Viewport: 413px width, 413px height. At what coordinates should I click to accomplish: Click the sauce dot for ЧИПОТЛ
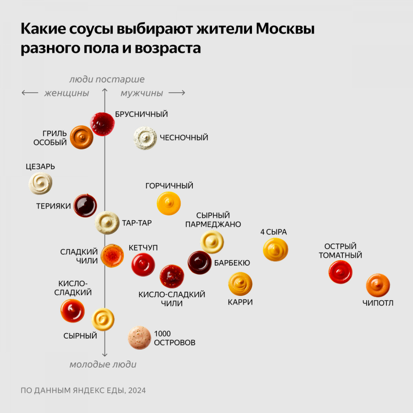(x=378, y=285)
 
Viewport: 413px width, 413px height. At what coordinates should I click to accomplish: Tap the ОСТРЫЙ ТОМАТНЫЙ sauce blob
(x=340, y=272)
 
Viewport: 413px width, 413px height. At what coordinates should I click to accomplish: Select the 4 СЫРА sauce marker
(x=275, y=250)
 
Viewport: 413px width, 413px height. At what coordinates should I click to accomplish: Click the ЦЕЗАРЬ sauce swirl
(x=40, y=183)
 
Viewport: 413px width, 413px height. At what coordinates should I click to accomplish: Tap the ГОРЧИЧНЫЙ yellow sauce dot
(x=169, y=204)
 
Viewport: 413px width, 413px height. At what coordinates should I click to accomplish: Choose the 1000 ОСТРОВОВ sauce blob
(x=139, y=338)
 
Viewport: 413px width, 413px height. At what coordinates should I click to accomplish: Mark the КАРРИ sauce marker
(x=240, y=284)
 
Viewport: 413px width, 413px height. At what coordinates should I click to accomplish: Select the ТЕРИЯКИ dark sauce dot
(x=85, y=205)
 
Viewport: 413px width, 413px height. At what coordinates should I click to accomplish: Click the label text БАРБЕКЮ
(x=232, y=263)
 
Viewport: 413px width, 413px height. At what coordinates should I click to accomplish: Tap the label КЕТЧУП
(x=143, y=248)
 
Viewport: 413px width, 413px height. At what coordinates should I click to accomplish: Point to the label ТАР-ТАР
(x=137, y=223)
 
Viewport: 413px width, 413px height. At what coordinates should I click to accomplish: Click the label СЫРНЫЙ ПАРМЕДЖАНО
(x=213, y=220)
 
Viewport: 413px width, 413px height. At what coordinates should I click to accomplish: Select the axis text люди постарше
(x=106, y=79)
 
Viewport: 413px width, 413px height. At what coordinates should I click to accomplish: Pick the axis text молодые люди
(x=103, y=364)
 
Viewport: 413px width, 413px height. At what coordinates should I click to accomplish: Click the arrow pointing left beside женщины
(x=30, y=93)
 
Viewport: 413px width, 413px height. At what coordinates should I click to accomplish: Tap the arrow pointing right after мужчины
(x=177, y=93)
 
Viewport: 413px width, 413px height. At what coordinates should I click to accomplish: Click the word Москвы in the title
(x=285, y=29)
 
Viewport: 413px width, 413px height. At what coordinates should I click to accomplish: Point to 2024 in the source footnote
(x=137, y=391)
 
